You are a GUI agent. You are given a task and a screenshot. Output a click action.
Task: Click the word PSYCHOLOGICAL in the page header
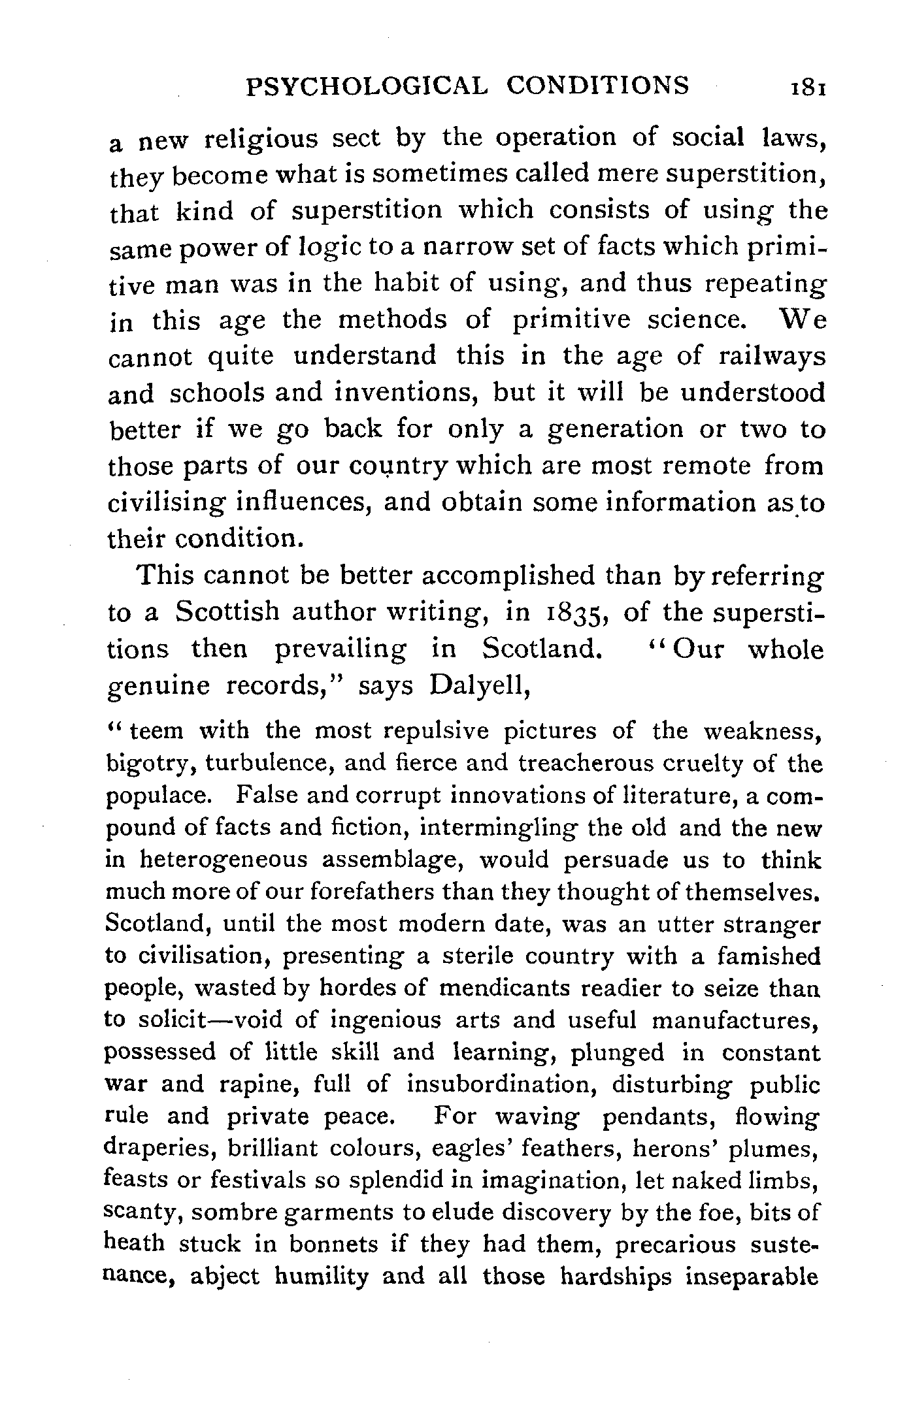366,86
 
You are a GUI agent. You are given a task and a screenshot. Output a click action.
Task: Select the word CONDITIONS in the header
598,86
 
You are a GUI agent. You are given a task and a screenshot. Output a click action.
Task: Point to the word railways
771,357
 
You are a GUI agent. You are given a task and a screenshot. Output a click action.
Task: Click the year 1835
574,613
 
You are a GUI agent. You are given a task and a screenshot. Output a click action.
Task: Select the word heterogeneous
224,860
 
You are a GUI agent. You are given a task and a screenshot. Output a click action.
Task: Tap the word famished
768,956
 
